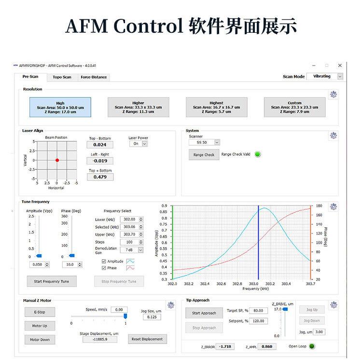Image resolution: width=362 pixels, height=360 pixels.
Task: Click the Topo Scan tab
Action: (x=62, y=77)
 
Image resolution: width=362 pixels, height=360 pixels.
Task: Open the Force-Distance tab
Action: (x=94, y=77)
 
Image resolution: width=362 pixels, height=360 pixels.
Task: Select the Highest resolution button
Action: (x=217, y=107)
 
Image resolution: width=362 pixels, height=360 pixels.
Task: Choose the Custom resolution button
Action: (x=294, y=107)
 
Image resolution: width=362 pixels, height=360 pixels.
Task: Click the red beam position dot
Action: (x=57, y=160)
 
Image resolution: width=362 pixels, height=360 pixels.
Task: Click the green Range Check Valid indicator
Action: (x=258, y=154)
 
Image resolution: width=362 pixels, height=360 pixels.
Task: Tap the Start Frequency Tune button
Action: (x=52, y=282)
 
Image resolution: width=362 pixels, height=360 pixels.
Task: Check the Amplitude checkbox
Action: (x=103, y=261)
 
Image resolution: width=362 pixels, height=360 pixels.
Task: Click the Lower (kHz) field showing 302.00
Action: (x=129, y=219)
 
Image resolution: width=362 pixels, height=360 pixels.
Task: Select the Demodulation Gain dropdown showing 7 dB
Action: (x=134, y=250)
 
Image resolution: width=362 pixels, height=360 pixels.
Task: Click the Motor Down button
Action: (x=40, y=340)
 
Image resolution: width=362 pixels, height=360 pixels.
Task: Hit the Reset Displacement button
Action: (x=147, y=339)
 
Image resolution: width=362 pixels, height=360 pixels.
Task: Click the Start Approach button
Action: (x=204, y=313)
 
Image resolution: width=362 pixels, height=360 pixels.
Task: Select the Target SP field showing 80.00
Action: (x=258, y=311)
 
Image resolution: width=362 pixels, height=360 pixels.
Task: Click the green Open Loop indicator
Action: (x=312, y=346)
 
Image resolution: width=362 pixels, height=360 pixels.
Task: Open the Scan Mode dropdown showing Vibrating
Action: (x=325, y=76)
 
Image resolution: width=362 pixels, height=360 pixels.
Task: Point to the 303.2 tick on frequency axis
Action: (x=270, y=284)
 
